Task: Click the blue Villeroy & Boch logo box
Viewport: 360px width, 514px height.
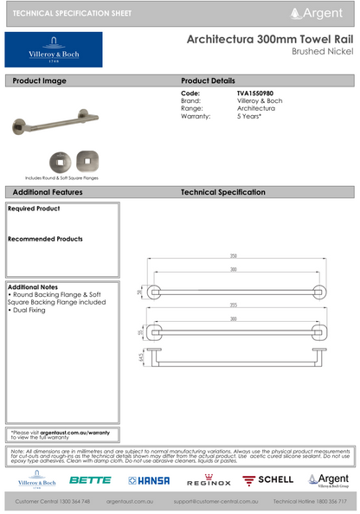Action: [54, 50]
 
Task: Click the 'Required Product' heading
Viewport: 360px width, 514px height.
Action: [35, 209]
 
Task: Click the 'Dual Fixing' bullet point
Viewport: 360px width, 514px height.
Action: [30, 309]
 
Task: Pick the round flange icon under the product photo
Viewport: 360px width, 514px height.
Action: [60, 160]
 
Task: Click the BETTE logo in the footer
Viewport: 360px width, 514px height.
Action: [90, 479]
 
